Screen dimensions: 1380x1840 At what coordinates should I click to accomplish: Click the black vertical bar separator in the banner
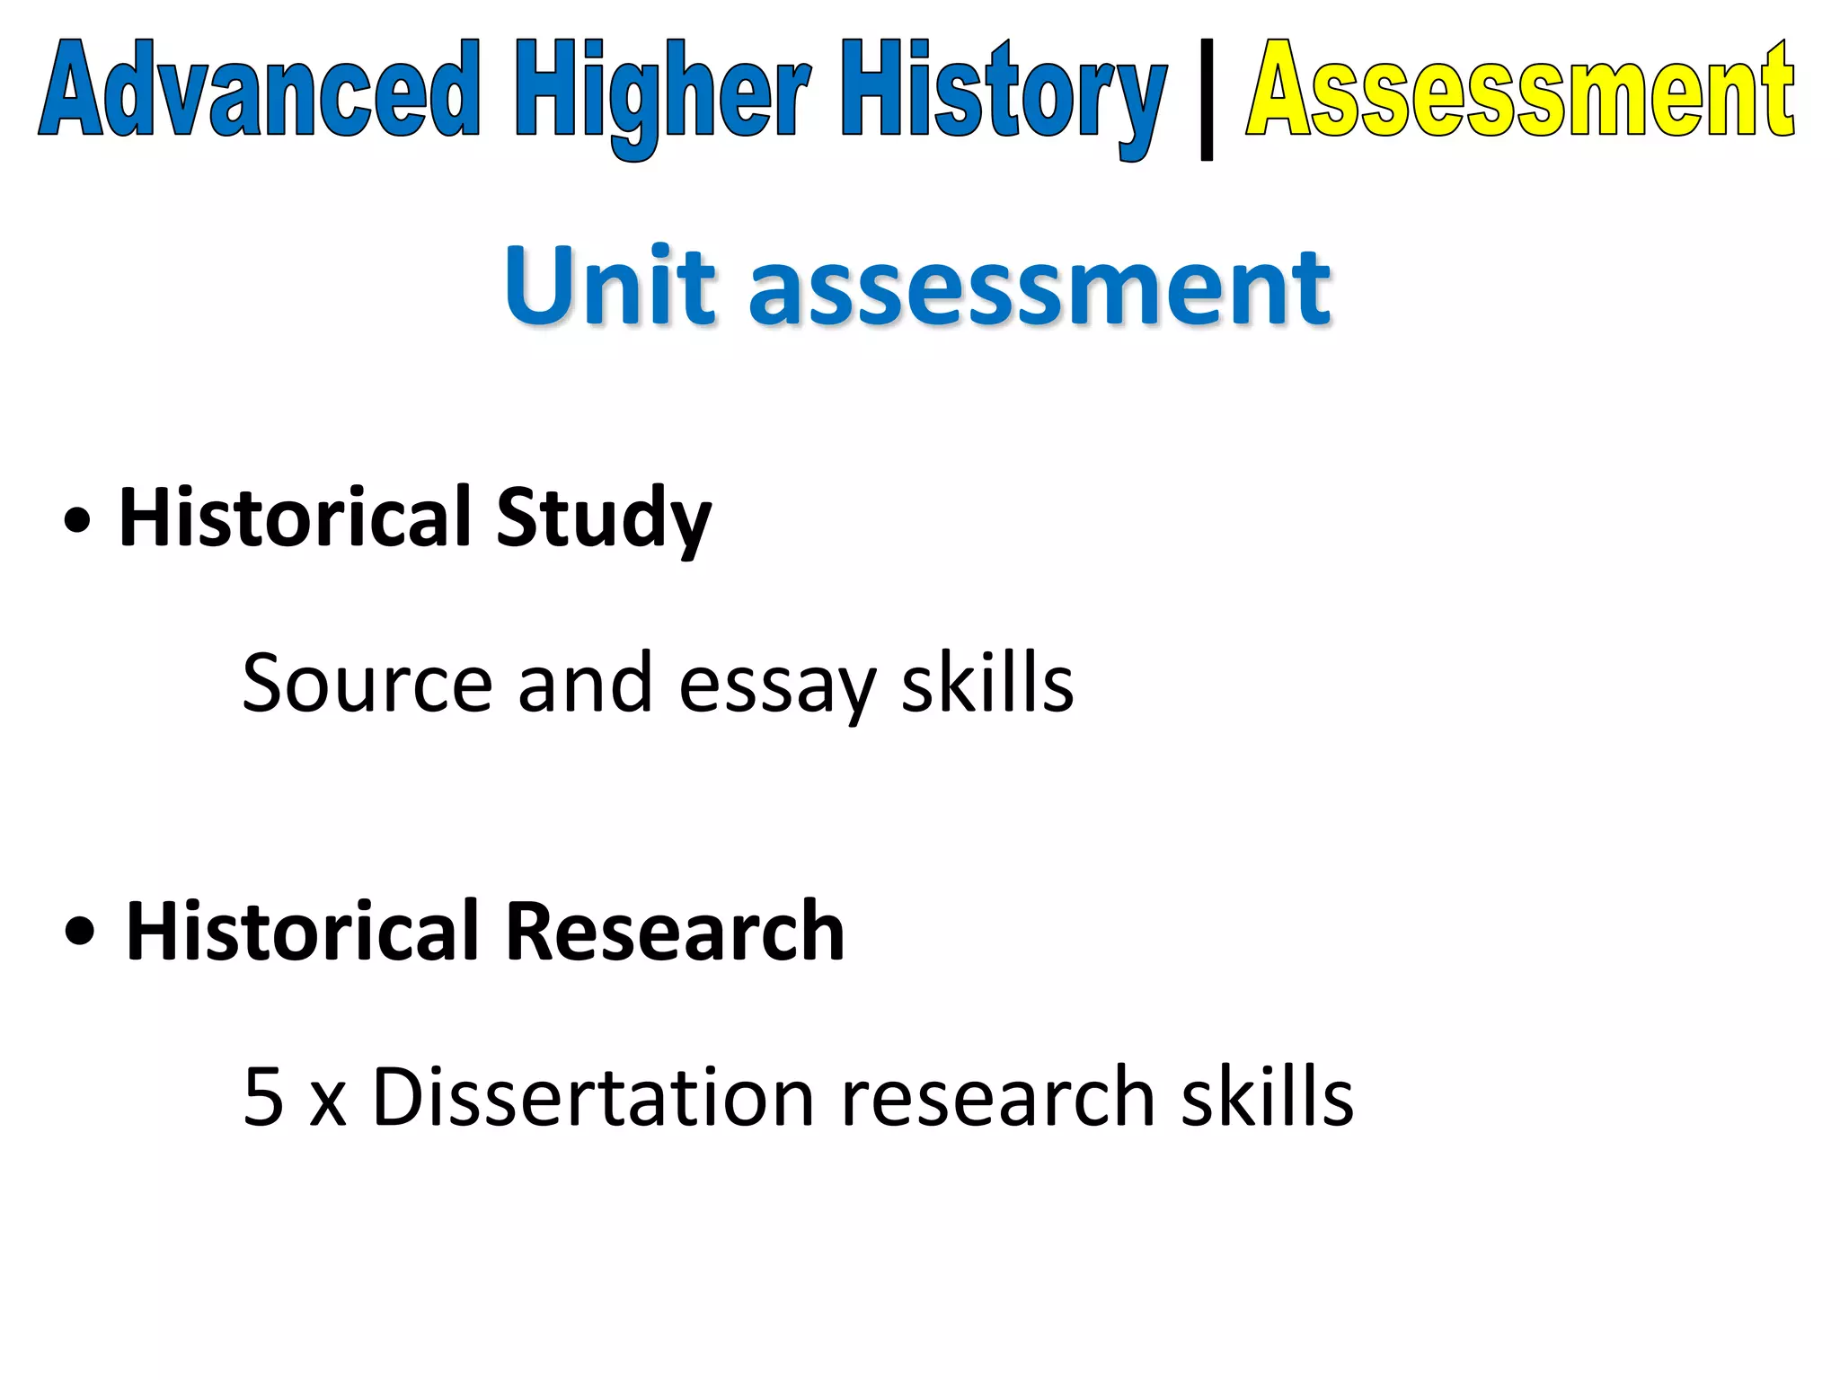(x=1207, y=99)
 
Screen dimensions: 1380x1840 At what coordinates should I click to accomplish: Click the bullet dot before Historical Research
(x=80, y=933)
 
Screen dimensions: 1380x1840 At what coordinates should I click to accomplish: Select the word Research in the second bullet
(x=674, y=932)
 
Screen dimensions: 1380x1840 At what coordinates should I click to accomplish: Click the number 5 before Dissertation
(x=263, y=1097)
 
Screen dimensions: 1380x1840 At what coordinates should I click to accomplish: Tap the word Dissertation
(x=593, y=1097)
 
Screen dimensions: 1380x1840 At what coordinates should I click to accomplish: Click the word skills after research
(x=1267, y=1097)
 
